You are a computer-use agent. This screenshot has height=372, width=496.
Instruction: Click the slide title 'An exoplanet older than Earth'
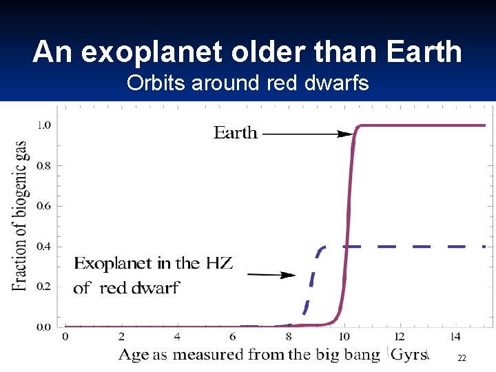tap(247, 52)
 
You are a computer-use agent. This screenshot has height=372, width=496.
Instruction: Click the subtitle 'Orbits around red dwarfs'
tap(247, 83)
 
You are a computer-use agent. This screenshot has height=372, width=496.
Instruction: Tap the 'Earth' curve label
tap(235, 133)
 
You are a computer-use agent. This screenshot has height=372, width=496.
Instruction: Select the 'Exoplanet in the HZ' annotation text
tap(153, 263)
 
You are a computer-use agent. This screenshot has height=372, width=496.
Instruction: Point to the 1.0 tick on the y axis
tap(43, 125)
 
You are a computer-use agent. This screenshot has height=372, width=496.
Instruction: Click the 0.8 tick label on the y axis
tap(43, 165)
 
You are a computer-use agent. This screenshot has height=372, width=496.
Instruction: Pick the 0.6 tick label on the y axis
tap(43, 206)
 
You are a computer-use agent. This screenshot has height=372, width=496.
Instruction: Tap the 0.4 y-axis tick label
tap(43, 247)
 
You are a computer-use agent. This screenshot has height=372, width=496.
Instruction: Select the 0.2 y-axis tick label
tap(43, 287)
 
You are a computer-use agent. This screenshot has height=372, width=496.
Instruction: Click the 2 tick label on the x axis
tap(121, 337)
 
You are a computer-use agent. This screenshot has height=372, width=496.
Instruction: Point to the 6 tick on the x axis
tap(233, 337)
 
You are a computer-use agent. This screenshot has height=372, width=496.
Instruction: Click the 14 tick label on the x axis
tap(455, 337)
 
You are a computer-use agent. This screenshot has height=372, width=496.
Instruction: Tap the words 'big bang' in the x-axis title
tap(348, 355)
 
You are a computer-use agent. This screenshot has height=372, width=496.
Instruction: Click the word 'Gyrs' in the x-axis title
tap(409, 355)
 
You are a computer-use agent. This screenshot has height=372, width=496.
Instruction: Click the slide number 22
tap(462, 358)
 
